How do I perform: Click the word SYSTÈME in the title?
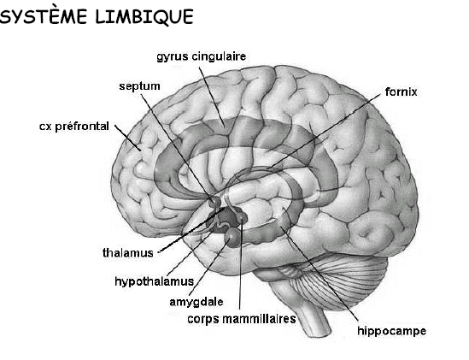(x=44, y=16)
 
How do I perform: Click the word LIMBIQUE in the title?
(x=144, y=16)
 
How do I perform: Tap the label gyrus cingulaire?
(x=202, y=56)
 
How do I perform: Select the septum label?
(x=139, y=86)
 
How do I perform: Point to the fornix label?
(x=401, y=91)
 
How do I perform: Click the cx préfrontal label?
(x=73, y=126)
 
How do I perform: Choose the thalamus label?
(x=128, y=253)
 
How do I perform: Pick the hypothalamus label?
(x=155, y=281)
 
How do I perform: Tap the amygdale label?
(x=196, y=302)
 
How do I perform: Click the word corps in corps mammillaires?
(x=203, y=319)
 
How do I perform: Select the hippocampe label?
(x=391, y=331)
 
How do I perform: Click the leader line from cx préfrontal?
(x=128, y=137)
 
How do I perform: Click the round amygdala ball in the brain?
(x=233, y=237)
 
